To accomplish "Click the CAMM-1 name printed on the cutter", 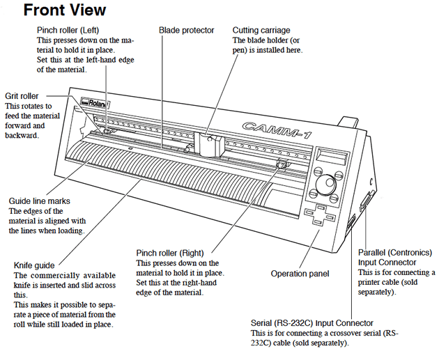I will [271, 127].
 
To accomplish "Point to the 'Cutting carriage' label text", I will [261, 31].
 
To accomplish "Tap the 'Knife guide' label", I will [35, 265].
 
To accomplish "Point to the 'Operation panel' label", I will [300, 274].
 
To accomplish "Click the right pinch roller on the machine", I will [282, 164].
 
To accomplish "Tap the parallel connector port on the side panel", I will [364, 206].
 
